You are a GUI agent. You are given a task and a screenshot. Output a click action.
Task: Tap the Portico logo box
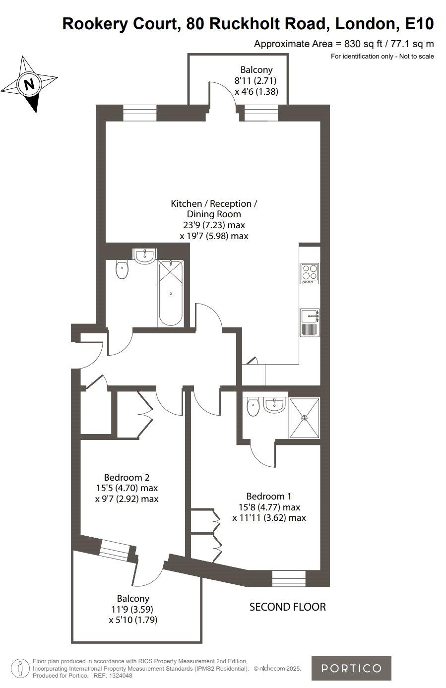click(x=351, y=668)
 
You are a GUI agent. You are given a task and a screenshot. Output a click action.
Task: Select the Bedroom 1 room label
click(x=269, y=496)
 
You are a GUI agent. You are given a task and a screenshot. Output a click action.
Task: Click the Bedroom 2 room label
click(x=127, y=477)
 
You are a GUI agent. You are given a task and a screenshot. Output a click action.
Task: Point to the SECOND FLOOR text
click(x=287, y=606)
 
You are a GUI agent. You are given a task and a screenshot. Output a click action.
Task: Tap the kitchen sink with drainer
click(x=310, y=322)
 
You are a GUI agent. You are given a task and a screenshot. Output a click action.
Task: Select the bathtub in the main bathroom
click(x=171, y=293)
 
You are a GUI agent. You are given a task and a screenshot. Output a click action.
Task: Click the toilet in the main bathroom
click(x=122, y=270)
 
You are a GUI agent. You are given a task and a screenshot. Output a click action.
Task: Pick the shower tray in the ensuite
click(x=304, y=418)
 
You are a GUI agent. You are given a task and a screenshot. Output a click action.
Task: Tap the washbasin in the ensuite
click(x=274, y=405)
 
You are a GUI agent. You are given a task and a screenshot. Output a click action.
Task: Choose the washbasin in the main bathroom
click(x=145, y=255)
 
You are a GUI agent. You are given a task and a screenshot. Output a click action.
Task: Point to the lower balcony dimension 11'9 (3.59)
click(x=133, y=609)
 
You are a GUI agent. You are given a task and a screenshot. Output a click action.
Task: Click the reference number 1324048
click(x=120, y=676)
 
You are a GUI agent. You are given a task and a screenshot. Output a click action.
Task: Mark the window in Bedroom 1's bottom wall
click(x=289, y=578)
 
